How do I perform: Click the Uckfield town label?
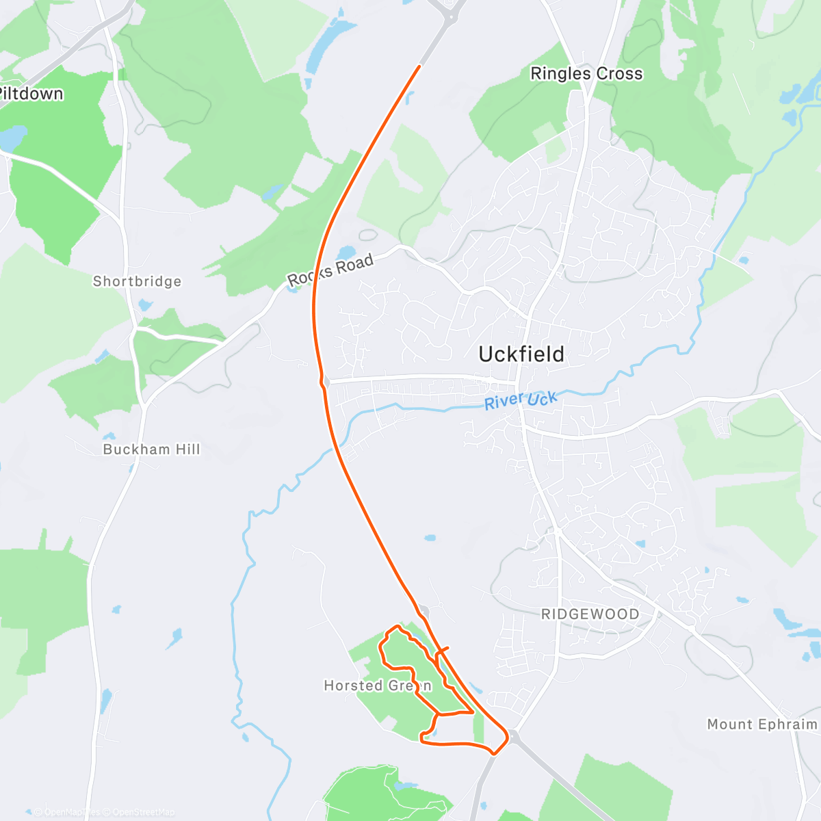click(521, 354)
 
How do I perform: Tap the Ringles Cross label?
click(586, 74)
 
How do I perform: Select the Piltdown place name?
click(31, 94)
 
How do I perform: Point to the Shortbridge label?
click(137, 281)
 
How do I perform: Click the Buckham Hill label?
click(151, 449)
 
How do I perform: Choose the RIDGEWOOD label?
click(590, 614)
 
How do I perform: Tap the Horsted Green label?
click(378, 686)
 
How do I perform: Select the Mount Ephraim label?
click(761, 724)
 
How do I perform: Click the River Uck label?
click(521, 400)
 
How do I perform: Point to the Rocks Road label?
click(330, 270)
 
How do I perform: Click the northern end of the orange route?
click(419, 66)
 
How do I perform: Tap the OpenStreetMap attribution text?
click(143, 812)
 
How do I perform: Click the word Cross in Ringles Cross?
click(619, 74)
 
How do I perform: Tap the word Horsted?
click(353, 686)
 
